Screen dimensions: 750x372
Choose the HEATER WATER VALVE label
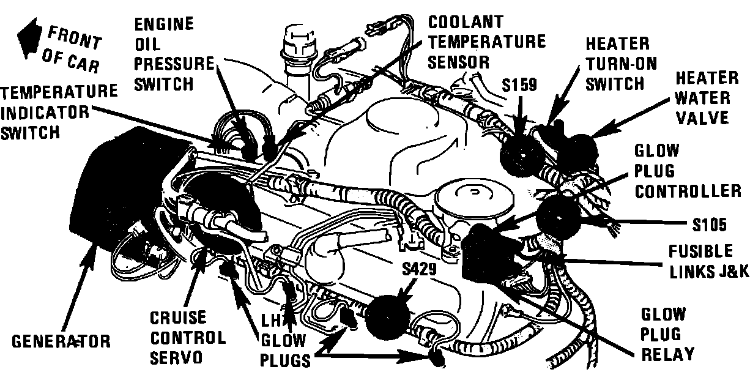[706, 97]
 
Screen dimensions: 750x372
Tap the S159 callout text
[519, 84]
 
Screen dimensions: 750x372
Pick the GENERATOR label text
[61, 341]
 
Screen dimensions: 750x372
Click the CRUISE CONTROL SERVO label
[187, 337]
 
